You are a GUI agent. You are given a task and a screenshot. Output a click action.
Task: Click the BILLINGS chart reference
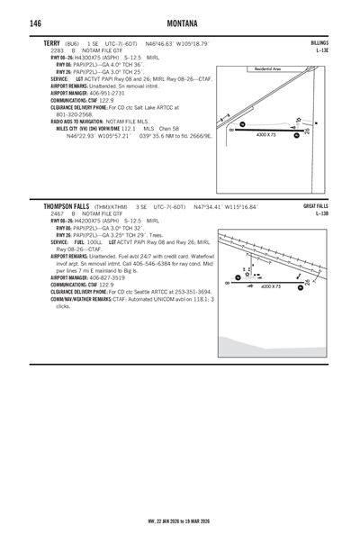click(319, 43)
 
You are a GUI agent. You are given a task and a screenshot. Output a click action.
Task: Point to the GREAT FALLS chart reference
click(316, 206)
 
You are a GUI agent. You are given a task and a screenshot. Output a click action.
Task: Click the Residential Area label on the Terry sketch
click(270, 68)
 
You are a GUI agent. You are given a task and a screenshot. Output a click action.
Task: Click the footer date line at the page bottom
click(179, 520)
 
